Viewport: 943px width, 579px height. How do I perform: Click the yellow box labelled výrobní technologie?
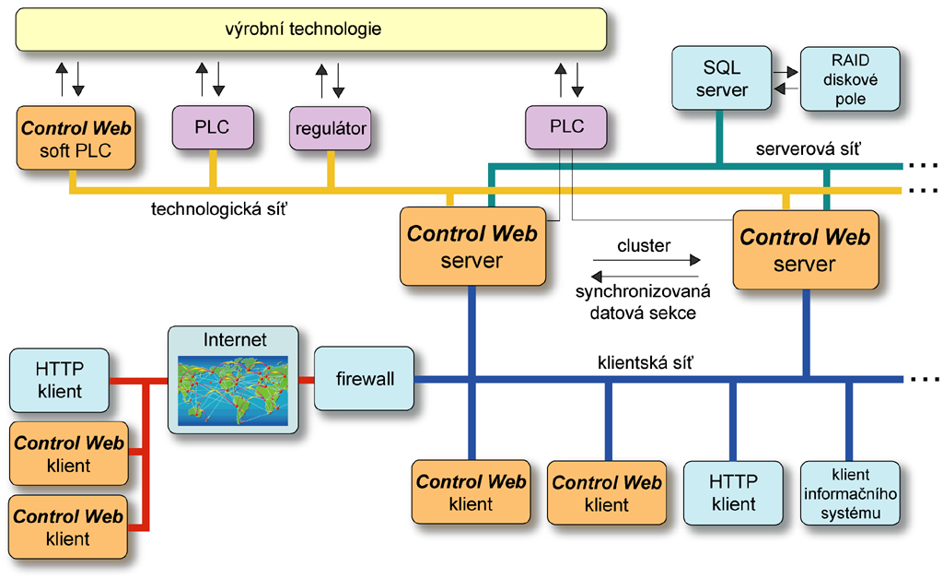311,30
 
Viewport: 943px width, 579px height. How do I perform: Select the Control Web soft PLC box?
76,138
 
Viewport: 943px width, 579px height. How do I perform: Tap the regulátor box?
331,128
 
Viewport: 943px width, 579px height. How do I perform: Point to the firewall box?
364,379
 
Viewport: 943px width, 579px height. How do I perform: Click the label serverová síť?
807,148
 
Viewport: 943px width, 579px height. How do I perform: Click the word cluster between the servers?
644,246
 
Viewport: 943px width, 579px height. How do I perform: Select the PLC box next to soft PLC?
213,127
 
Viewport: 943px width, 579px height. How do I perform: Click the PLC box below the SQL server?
565,127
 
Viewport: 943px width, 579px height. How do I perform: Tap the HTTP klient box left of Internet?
59,379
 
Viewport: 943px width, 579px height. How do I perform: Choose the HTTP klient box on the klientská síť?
733,493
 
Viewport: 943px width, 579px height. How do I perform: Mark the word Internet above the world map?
234,340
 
